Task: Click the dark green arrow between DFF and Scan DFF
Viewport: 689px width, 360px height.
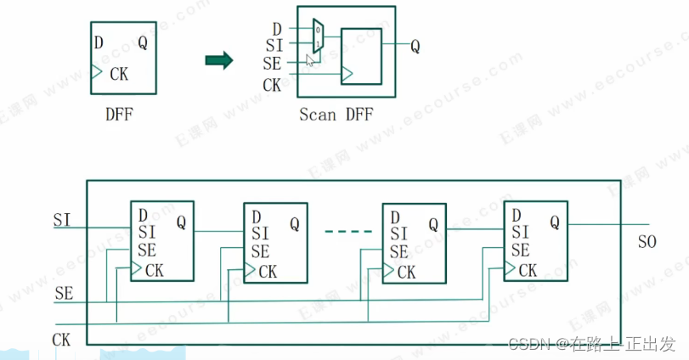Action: pyautogui.click(x=219, y=59)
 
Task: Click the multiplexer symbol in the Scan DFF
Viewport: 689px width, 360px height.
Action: pyautogui.click(x=318, y=37)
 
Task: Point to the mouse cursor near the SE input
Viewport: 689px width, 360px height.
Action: pyautogui.click(x=311, y=60)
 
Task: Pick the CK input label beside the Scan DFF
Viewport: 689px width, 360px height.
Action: pyautogui.click(x=272, y=84)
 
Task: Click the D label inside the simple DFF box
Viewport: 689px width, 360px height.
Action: pyautogui.click(x=99, y=42)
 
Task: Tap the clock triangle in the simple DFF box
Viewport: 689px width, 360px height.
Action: pyautogui.click(x=96, y=73)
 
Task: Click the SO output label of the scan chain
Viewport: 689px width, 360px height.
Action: pyautogui.click(x=647, y=243)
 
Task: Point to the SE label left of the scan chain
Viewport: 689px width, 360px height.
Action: pyautogui.click(x=64, y=294)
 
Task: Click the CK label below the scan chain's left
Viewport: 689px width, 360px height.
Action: pyautogui.click(x=61, y=339)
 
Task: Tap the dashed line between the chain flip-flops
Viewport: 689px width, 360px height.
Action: pyautogui.click(x=349, y=231)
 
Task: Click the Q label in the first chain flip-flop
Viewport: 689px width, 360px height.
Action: pyautogui.click(x=181, y=222)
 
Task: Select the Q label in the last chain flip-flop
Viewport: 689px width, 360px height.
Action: pyautogui.click(x=555, y=222)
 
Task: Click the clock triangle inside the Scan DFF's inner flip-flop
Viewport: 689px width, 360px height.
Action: pyautogui.click(x=346, y=75)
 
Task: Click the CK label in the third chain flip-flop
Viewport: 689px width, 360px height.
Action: pyautogui.click(x=407, y=272)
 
